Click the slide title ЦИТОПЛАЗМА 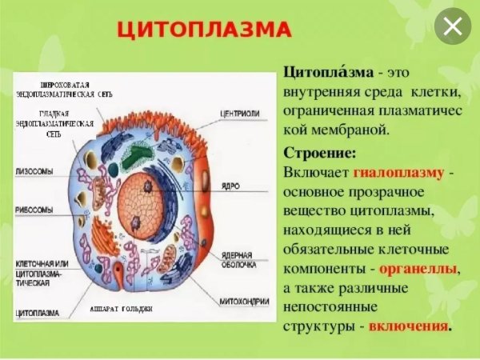203,31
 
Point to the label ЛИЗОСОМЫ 34,171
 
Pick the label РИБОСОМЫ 34,209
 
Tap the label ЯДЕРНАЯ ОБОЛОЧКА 238,258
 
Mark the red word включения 410,327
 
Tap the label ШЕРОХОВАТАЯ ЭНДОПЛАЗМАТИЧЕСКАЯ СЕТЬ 66,89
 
